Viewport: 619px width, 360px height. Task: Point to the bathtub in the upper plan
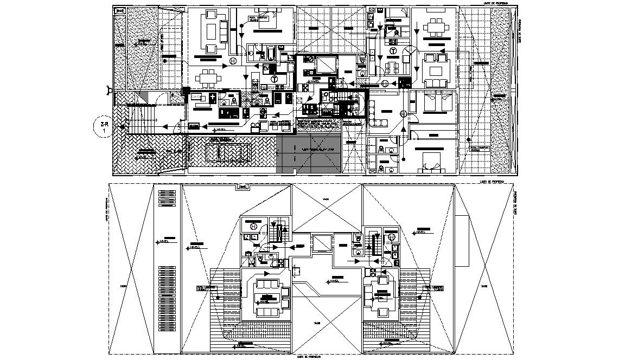coord(269,53)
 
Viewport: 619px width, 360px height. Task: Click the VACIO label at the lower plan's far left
coord(124,285)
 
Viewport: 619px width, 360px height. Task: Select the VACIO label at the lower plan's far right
coord(483,285)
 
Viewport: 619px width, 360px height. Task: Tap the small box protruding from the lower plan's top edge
coord(243,188)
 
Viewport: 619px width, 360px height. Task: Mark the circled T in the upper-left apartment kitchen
coord(275,79)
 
